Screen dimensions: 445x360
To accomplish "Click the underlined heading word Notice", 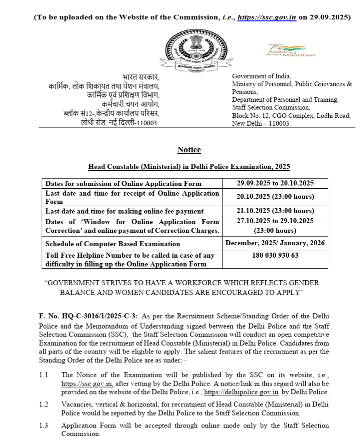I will [189, 137].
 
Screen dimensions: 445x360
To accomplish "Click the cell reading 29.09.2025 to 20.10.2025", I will [275, 183].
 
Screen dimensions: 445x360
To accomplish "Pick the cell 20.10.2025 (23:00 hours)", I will [275, 197].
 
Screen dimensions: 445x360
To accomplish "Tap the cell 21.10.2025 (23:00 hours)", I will [275, 211].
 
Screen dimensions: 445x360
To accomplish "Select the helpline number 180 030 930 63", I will [275, 255].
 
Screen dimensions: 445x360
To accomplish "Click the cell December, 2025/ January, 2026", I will [275, 243].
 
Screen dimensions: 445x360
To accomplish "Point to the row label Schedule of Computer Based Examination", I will [113, 243].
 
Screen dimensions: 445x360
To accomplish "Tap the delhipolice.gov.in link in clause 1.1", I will [242, 392].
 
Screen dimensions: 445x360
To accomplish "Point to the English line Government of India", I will [261, 76].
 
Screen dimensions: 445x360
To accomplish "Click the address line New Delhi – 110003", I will [261, 123].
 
